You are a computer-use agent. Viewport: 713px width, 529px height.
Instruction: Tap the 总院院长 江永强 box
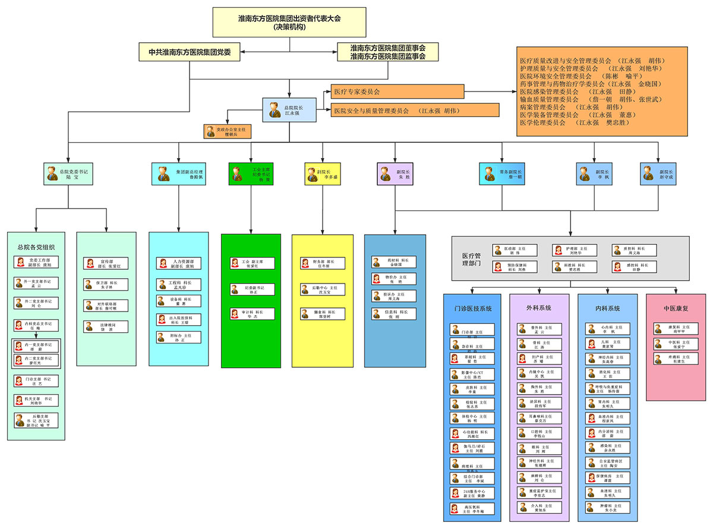click(289, 110)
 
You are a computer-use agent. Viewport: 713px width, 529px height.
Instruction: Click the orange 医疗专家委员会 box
click(397, 92)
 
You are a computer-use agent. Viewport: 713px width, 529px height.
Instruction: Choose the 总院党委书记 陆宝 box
click(69, 174)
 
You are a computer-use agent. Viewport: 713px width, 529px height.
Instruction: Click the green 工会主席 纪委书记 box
click(253, 174)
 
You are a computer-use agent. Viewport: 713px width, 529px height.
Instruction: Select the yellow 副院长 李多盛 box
click(322, 174)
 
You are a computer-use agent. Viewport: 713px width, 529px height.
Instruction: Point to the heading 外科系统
click(539, 308)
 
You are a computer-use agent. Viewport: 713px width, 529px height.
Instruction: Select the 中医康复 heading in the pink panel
click(676, 308)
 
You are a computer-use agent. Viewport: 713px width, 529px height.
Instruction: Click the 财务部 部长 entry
click(322, 263)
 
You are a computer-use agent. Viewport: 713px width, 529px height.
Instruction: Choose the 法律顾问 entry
click(105, 326)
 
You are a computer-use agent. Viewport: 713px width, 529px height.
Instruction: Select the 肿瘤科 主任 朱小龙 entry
click(607, 508)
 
